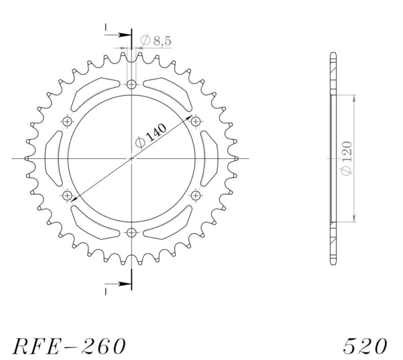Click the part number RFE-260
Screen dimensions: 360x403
point(69,346)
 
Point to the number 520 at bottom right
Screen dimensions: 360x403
point(365,346)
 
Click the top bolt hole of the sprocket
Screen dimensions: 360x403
point(131,85)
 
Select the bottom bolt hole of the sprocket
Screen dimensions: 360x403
point(131,232)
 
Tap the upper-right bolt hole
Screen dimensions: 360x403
point(195,121)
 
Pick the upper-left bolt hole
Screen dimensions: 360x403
point(68,121)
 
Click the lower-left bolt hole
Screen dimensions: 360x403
point(68,195)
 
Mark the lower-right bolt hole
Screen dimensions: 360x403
point(195,195)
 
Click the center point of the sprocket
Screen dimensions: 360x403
point(131,158)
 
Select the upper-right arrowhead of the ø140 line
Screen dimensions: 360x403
point(190,118)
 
